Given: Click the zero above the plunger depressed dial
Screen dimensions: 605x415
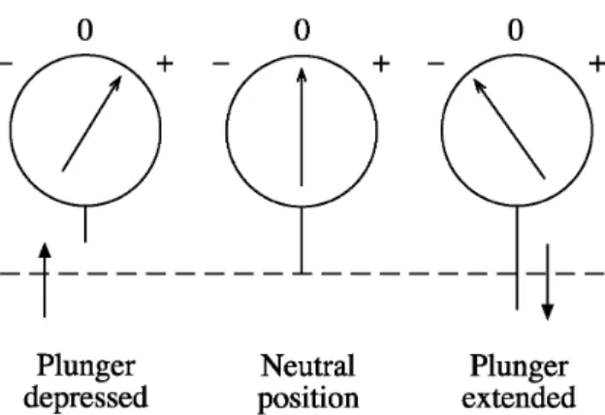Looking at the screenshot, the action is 85,30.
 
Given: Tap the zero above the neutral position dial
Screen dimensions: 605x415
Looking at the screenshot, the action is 302,30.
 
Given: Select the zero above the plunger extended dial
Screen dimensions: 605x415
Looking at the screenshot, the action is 516,30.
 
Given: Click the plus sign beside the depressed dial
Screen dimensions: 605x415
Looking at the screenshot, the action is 165,64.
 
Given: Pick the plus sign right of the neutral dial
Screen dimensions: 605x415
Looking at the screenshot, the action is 381,64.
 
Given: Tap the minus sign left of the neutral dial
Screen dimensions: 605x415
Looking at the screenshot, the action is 221,64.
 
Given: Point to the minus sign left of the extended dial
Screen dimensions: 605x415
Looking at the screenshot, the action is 436,64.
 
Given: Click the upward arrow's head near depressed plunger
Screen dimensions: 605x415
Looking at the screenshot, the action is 46,250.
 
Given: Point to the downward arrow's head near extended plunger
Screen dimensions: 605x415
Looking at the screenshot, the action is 548,312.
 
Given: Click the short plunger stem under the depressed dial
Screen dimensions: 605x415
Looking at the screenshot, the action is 85,225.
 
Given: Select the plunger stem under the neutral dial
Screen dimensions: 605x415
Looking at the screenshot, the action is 302,240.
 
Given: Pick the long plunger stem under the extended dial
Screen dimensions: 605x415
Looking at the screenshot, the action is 517,258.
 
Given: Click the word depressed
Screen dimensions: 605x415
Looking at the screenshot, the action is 85,397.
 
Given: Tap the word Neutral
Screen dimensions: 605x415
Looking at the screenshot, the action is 307,366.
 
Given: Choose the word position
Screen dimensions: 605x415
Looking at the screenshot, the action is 308,399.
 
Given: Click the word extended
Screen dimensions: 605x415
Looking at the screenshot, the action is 519,397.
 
